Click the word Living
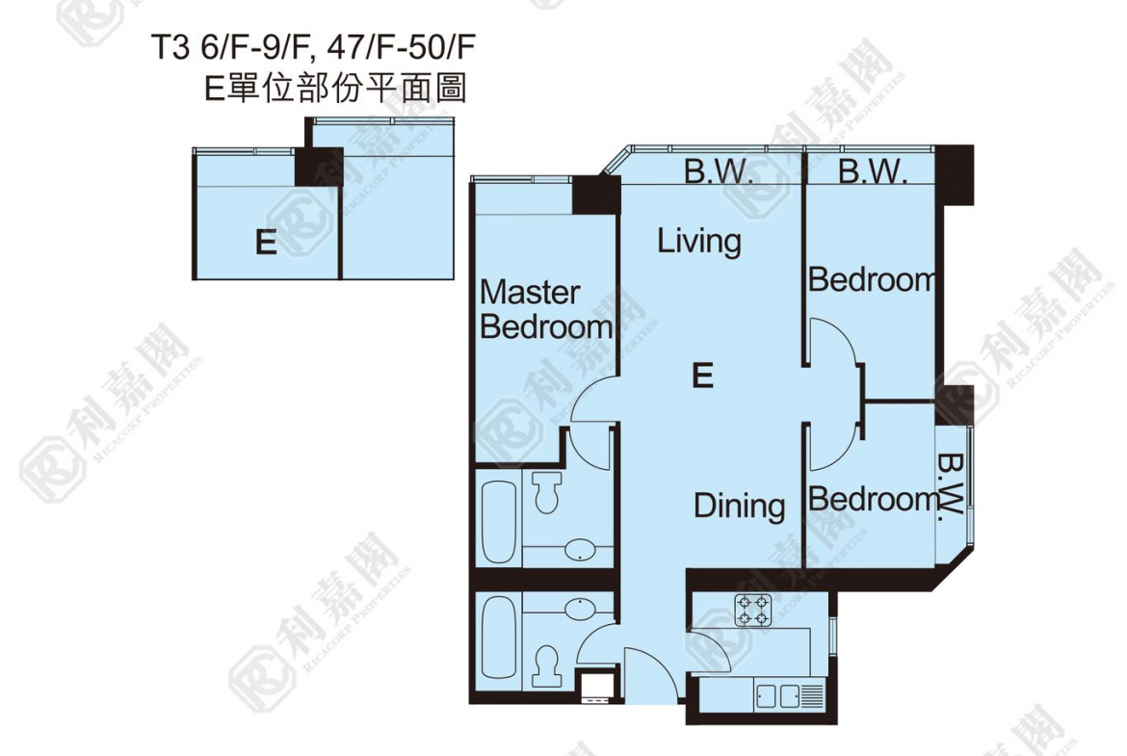698,242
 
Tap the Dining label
739,506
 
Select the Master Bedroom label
545,310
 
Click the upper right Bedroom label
872,279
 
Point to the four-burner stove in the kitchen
752,610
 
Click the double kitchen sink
777,695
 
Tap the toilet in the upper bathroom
548,491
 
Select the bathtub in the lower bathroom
498,639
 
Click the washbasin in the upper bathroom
579,551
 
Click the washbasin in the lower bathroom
579,609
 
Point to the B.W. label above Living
718,171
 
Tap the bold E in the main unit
702,376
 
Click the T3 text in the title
170,48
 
